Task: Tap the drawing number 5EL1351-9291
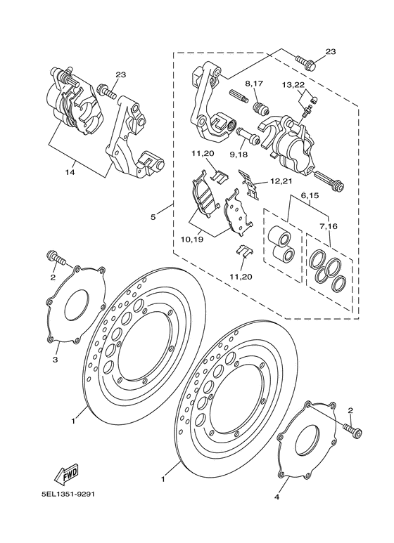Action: click(x=68, y=494)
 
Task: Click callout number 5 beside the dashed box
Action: click(x=153, y=217)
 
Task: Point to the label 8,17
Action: click(x=254, y=84)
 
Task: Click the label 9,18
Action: click(x=239, y=155)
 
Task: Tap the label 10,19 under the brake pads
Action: click(x=192, y=239)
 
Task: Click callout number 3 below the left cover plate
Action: click(x=55, y=360)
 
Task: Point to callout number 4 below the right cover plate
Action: click(x=277, y=497)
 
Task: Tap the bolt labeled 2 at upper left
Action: click(x=55, y=257)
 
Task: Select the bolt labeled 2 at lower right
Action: click(x=352, y=429)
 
